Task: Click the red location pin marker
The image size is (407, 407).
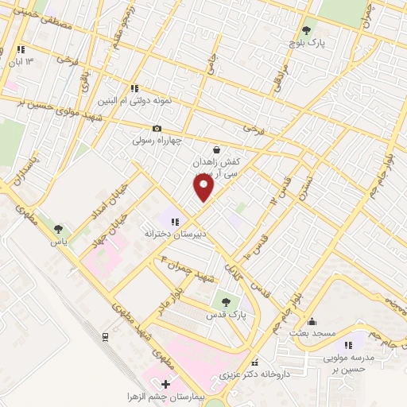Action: [204, 188]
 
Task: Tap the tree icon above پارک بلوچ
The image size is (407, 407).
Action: [306, 30]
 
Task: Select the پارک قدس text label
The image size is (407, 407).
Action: [229, 316]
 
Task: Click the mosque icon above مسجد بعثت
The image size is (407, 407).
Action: [312, 323]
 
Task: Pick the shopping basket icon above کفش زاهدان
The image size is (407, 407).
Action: [217, 149]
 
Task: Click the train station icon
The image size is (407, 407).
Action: [105, 336]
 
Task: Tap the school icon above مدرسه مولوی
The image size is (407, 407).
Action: [348, 344]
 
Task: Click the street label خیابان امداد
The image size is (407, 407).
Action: [90, 203]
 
